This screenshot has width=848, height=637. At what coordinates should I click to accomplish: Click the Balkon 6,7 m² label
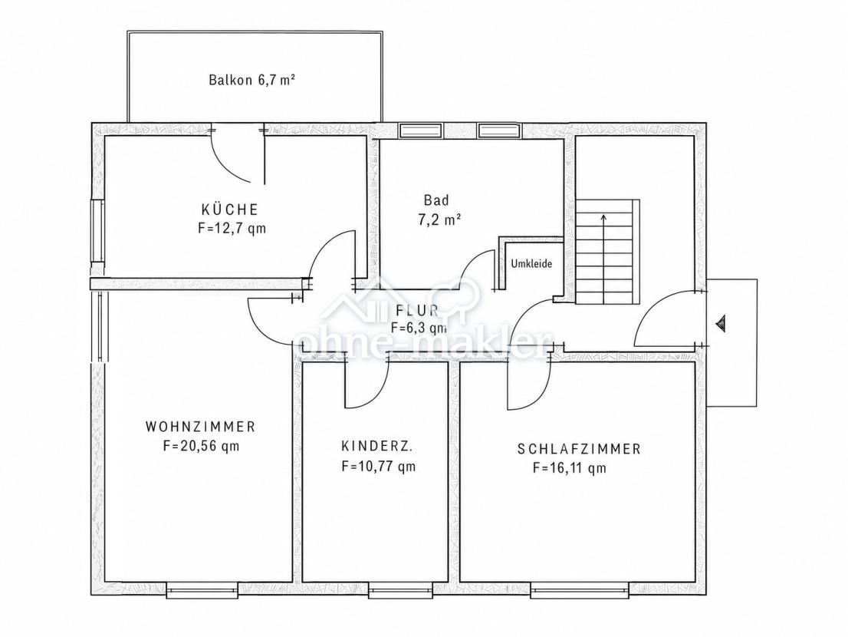(x=251, y=80)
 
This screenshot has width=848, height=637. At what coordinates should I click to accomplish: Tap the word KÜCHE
(x=230, y=209)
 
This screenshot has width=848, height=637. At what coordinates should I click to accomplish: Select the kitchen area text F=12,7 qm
(x=232, y=229)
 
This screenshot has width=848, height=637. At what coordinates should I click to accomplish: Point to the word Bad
(x=436, y=200)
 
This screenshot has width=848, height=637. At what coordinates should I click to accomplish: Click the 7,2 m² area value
(x=439, y=219)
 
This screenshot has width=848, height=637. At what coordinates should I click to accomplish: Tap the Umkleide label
(x=531, y=264)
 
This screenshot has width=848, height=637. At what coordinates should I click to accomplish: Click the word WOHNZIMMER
(x=201, y=427)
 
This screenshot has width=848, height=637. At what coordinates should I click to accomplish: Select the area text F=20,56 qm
(x=201, y=447)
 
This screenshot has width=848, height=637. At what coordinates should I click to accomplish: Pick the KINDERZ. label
(x=377, y=446)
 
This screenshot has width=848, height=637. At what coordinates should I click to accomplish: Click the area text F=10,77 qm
(x=379, y=466)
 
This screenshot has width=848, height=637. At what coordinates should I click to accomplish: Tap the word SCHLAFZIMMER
(x=579, y=449)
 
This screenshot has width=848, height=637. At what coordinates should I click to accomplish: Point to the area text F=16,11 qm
(x=570, y=468)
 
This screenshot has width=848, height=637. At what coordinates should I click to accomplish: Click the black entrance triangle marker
(x=721, y=324)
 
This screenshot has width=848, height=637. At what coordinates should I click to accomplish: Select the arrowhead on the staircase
(x=603, y=217)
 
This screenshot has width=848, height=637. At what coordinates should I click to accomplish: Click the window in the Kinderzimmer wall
(x=402, y=590)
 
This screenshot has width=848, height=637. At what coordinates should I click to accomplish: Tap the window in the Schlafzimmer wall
(x=579, y=590)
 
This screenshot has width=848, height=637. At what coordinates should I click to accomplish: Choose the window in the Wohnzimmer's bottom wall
(x=202, y=590)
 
